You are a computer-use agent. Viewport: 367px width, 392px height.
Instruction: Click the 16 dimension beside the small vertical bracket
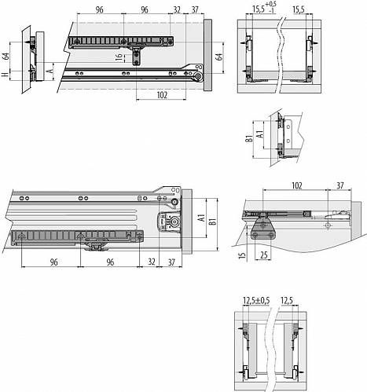click(x=119, y=57)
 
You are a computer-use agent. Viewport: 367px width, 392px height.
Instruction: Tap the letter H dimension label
click(x=5, y=75)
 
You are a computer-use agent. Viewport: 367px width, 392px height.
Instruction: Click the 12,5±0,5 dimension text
click(x=256, y=300)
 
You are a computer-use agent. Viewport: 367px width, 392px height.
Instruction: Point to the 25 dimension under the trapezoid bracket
click(x=264, y=255)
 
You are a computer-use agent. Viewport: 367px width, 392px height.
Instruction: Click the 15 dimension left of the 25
click(x=243, y=255)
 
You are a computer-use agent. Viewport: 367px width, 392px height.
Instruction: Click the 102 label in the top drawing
click(x=162, y=95)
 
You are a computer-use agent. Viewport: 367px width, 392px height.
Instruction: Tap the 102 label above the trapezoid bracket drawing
click(x=296, y=185)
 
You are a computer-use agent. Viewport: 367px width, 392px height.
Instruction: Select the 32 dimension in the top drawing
click(x=177, y=10)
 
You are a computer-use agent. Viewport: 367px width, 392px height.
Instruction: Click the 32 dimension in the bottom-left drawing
click(x=152, y=262)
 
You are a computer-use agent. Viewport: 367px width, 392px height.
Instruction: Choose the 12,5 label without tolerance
click(x=287, y=300)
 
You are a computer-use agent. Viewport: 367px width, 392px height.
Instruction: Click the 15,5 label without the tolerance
click(x=299, y=10)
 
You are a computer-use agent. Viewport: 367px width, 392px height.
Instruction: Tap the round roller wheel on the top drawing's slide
click(x=198, y=76)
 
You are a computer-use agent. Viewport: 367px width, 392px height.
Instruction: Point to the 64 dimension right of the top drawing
click(x=219, y=57)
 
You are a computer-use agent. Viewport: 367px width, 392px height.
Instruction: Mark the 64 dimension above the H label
click(x=6, y=57)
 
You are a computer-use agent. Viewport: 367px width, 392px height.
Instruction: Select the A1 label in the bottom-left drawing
click(x=201, y=218)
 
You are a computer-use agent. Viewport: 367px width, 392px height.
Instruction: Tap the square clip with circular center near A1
click(x=169, y=222)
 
